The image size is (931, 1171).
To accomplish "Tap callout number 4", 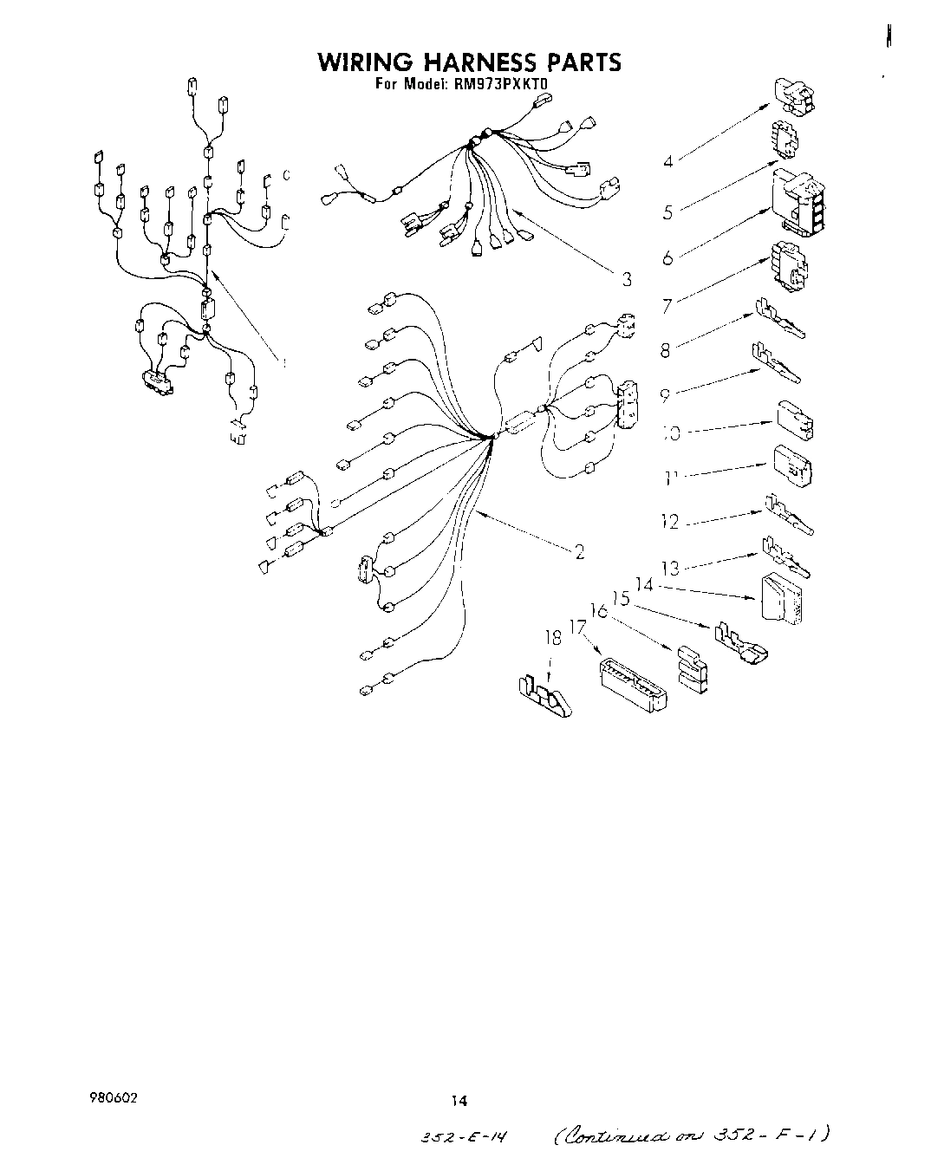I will pos(668,161).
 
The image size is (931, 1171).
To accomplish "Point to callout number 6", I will pos(667,258).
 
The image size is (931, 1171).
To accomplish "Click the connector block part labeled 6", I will pos(797,202).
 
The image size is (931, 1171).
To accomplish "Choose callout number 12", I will pos(668,522).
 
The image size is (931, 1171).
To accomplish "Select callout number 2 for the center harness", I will pos(578,551).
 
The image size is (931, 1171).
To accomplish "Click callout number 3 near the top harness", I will pos(626,279).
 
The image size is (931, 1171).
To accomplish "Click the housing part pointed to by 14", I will pos(785,597).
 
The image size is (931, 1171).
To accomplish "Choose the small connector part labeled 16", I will pos(692,670).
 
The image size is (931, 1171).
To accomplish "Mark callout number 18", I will pos(552,639).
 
